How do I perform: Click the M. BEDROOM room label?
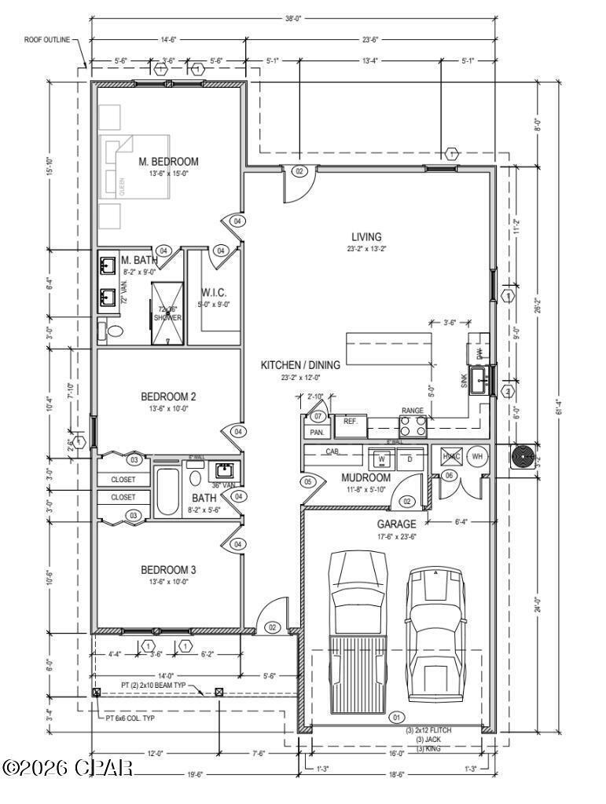tap(168, 162)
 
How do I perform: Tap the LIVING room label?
tap(366, 236)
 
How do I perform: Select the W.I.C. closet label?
tap(214, 292)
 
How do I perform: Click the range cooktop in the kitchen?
tap(413, 426)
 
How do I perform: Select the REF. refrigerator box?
tap(351, 422)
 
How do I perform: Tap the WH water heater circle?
tap(477, 457)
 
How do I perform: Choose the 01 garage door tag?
tap(395, 716)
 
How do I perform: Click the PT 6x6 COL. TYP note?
tap(133, 718)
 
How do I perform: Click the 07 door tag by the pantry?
tap(318, 415)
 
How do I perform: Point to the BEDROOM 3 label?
tap(168, 569)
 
